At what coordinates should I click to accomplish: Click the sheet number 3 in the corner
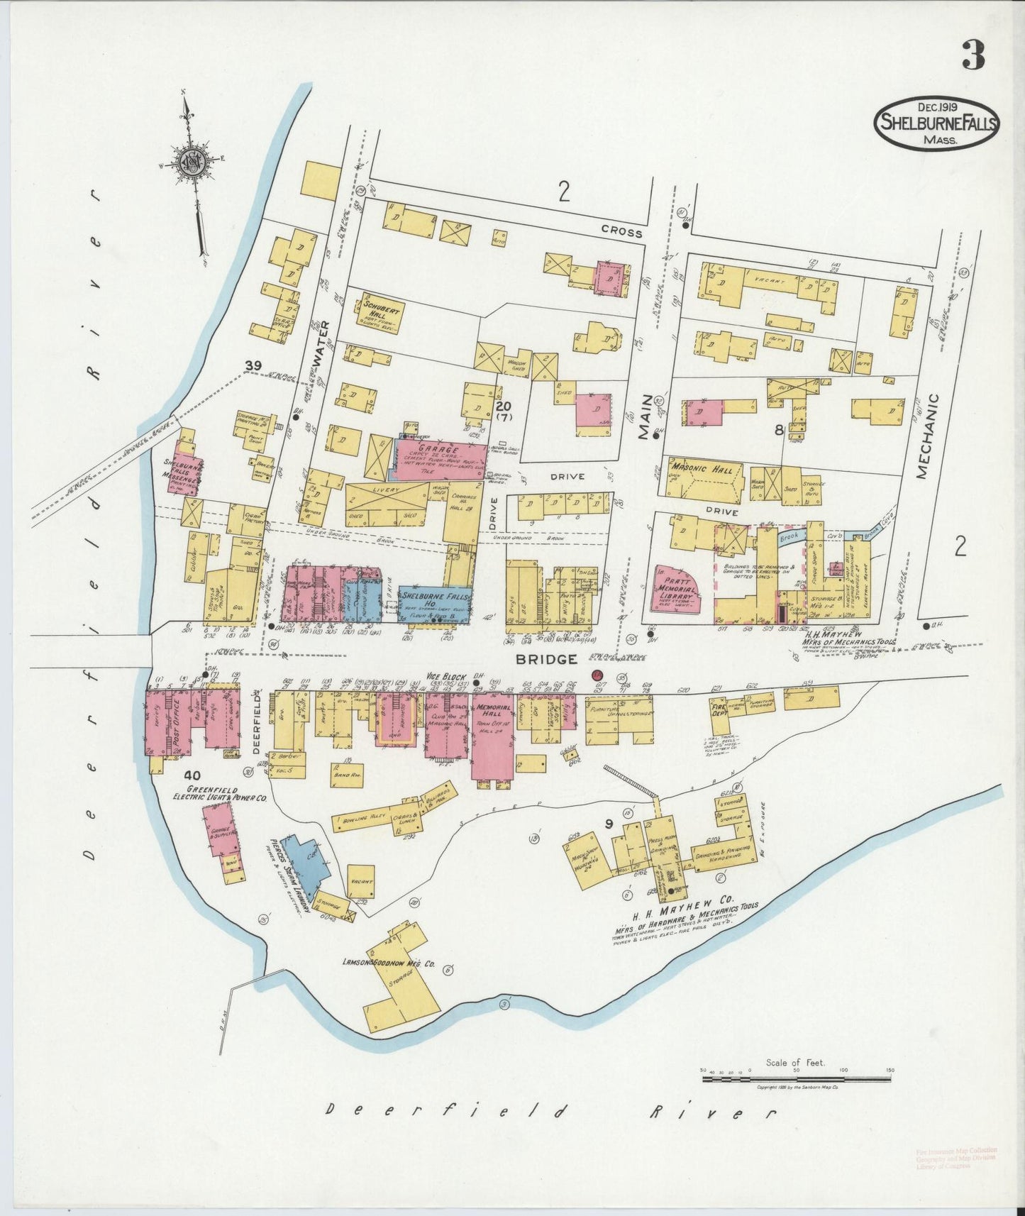973,55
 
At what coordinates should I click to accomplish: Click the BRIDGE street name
545,659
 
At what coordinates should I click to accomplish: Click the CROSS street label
621,232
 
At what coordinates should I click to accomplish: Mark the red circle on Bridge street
597,675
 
